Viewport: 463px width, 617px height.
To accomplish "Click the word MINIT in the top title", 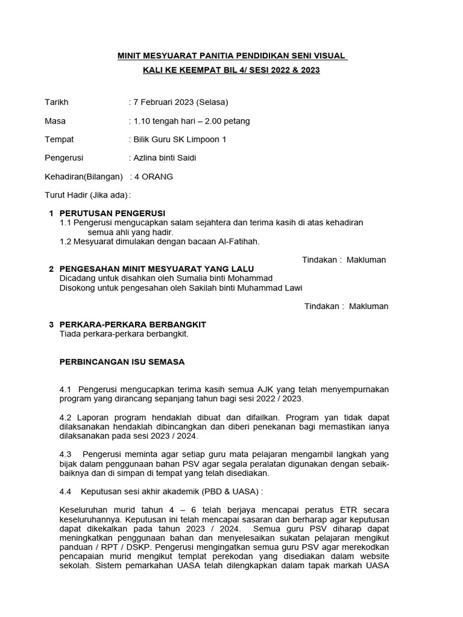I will click(130, 56).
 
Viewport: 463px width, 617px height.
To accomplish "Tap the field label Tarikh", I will click(57, 102).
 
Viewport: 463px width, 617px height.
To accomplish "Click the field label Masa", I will click(55, 121).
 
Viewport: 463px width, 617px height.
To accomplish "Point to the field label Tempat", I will click(59, 139).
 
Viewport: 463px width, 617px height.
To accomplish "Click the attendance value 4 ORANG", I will click(153, 177).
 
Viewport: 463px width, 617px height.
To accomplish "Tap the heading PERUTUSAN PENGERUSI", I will click(112, 213).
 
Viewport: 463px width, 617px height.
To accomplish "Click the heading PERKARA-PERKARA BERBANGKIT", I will click(133, 324).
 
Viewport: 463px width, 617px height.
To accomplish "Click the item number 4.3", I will click(66, 454).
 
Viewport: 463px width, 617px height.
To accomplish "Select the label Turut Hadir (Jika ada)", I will click(87, 195).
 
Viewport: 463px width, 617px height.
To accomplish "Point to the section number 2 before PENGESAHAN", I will click(51, 269).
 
